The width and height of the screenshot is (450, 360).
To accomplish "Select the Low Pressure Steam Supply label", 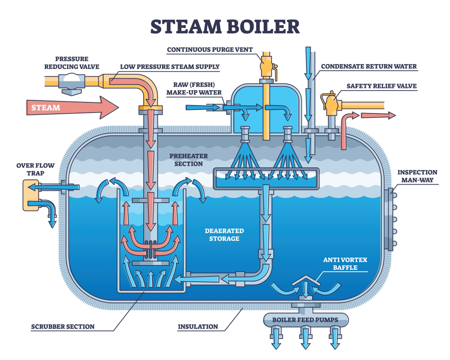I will click(170, 67).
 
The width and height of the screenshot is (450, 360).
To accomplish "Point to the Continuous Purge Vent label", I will click(210, 50).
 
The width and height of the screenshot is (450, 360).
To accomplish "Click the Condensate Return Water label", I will click(369, 67).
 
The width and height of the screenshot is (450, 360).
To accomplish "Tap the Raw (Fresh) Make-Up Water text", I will click(194, 89).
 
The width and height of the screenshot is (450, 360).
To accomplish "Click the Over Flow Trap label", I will click(36, 169).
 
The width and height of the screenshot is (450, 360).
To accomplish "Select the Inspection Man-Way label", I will click(417, 176).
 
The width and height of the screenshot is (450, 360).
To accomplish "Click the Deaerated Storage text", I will click(224, 235).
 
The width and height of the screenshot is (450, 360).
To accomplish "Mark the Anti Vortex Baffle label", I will click(345, 264).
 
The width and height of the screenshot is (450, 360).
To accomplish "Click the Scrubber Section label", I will click(63, 327).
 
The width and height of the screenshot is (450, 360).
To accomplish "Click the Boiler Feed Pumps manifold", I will click(305, 320).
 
